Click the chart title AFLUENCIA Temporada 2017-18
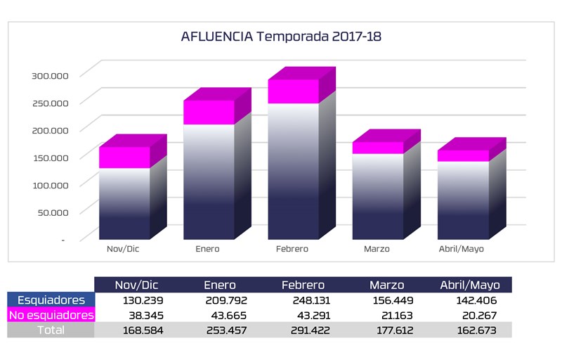tap(281, 37)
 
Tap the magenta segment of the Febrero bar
tap(294, 91)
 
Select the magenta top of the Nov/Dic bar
tap(124, 157)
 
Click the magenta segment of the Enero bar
tap(209, 112)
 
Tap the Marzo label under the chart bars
tap(377, 249)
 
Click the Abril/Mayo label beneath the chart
tap(461, 249)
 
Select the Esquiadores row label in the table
tap(51, 300)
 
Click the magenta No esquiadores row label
tap(51, 315)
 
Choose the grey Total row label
tap(51, 330)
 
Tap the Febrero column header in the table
tap(303, 285)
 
